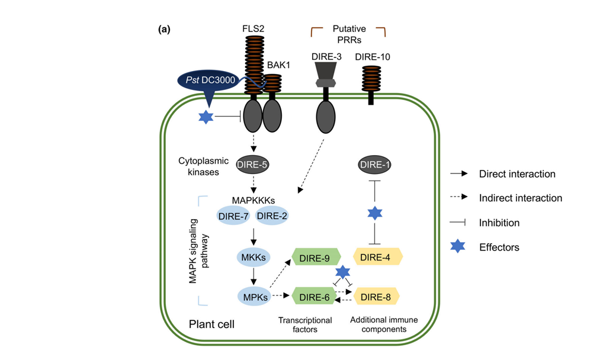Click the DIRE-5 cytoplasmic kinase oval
tap(254, 165)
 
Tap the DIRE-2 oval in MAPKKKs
tap(272, 216)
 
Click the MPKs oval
tap(254, 294)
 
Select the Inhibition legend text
tap(499, 223)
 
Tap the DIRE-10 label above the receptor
tap(373, 57)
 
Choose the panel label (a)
tap(165, 29)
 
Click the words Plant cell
tap(211, 324)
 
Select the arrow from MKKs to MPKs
tap(254, 276)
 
